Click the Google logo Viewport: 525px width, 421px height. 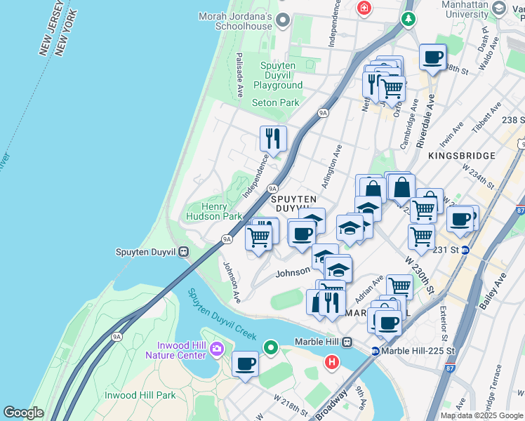coord(23,413)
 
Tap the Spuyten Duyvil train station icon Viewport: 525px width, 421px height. coord(183,251)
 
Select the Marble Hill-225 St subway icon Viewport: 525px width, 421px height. coord(376,351)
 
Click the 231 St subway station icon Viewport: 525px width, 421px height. coord(465,249)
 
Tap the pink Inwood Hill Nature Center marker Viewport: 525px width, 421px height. coord(216,348)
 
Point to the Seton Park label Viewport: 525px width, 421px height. coord(275,102)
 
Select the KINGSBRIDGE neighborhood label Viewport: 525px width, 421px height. coord(462,156)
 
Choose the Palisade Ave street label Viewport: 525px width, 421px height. coord(240,74)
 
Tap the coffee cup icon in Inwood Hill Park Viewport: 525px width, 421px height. coord(246,364)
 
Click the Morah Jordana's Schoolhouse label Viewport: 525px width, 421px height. coord(235,21)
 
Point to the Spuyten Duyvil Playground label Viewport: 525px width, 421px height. coord(278,76)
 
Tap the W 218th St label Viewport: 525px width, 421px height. coord(287,406)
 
